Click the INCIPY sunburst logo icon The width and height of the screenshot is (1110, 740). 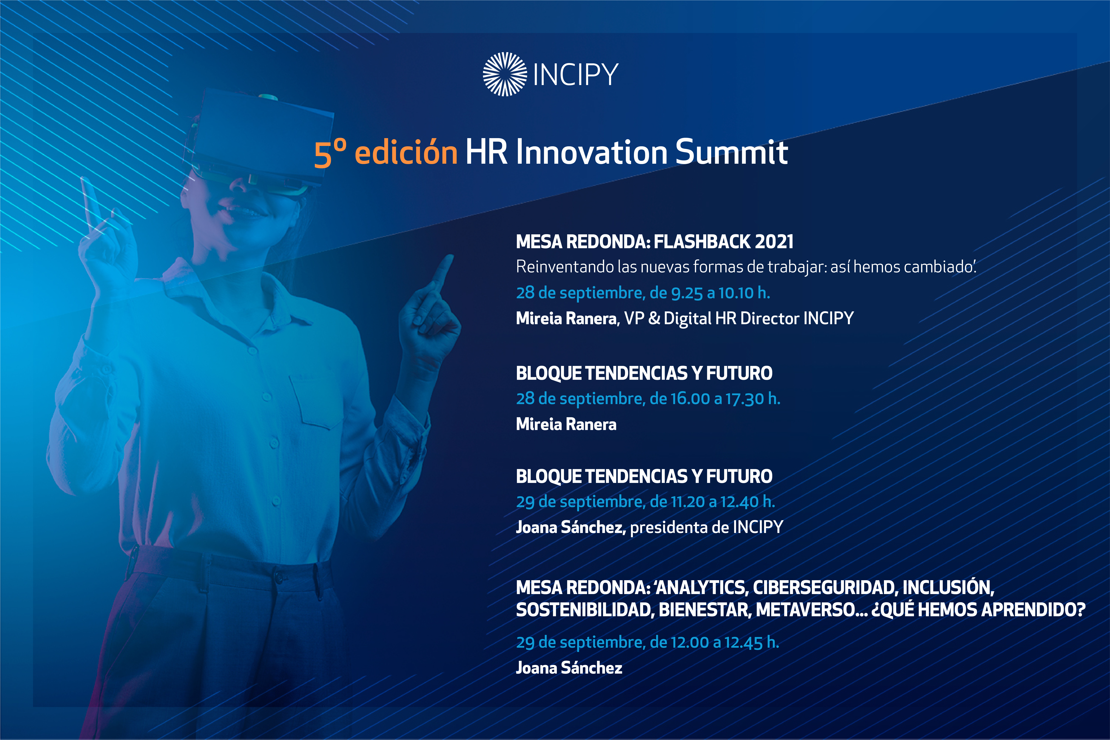504,74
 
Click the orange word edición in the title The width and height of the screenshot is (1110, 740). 406,153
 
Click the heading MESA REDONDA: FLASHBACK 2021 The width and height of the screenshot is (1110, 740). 655,242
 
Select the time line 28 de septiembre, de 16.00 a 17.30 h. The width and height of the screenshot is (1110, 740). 648,399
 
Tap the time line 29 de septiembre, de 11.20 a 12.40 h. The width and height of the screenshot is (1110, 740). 645,502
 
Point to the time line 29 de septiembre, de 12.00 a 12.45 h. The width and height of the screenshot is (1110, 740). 647,642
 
